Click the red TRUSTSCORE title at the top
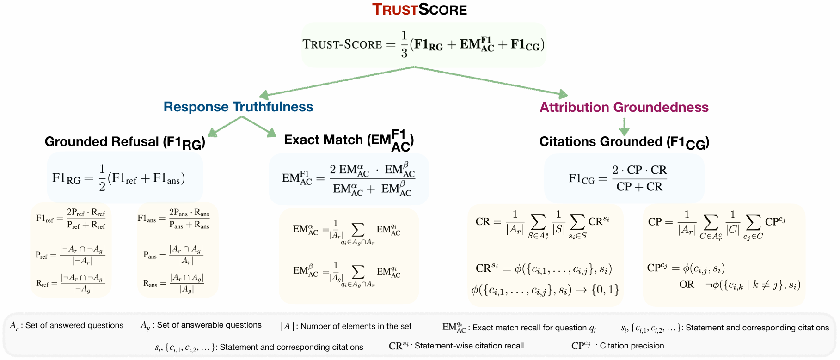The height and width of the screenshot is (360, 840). click(419, 9)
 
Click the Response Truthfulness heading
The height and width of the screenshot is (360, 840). click(238, 107)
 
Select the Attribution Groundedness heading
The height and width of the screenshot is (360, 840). click(624, 107)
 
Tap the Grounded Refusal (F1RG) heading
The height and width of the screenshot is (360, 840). click(125, 142)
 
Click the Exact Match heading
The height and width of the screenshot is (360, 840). click(349, 140)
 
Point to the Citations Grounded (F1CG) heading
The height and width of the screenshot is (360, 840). click(624, 142)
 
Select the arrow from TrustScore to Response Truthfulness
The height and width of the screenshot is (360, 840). click(337, 81)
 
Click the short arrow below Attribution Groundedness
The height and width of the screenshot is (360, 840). click(624, 126)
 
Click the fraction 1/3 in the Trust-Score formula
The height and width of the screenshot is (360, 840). click(404, 45)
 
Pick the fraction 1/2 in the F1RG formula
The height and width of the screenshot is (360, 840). click(102, 178)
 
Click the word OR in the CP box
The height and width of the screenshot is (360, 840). click(687, 284)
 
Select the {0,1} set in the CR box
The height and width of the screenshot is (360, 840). click(605, 290)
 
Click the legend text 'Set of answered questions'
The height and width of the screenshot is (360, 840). click(74, 325)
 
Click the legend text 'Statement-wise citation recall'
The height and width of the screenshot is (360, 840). click(469, 346)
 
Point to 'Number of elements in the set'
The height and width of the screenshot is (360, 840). click(356, 326)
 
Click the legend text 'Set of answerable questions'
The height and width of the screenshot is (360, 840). click(209, 325)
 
